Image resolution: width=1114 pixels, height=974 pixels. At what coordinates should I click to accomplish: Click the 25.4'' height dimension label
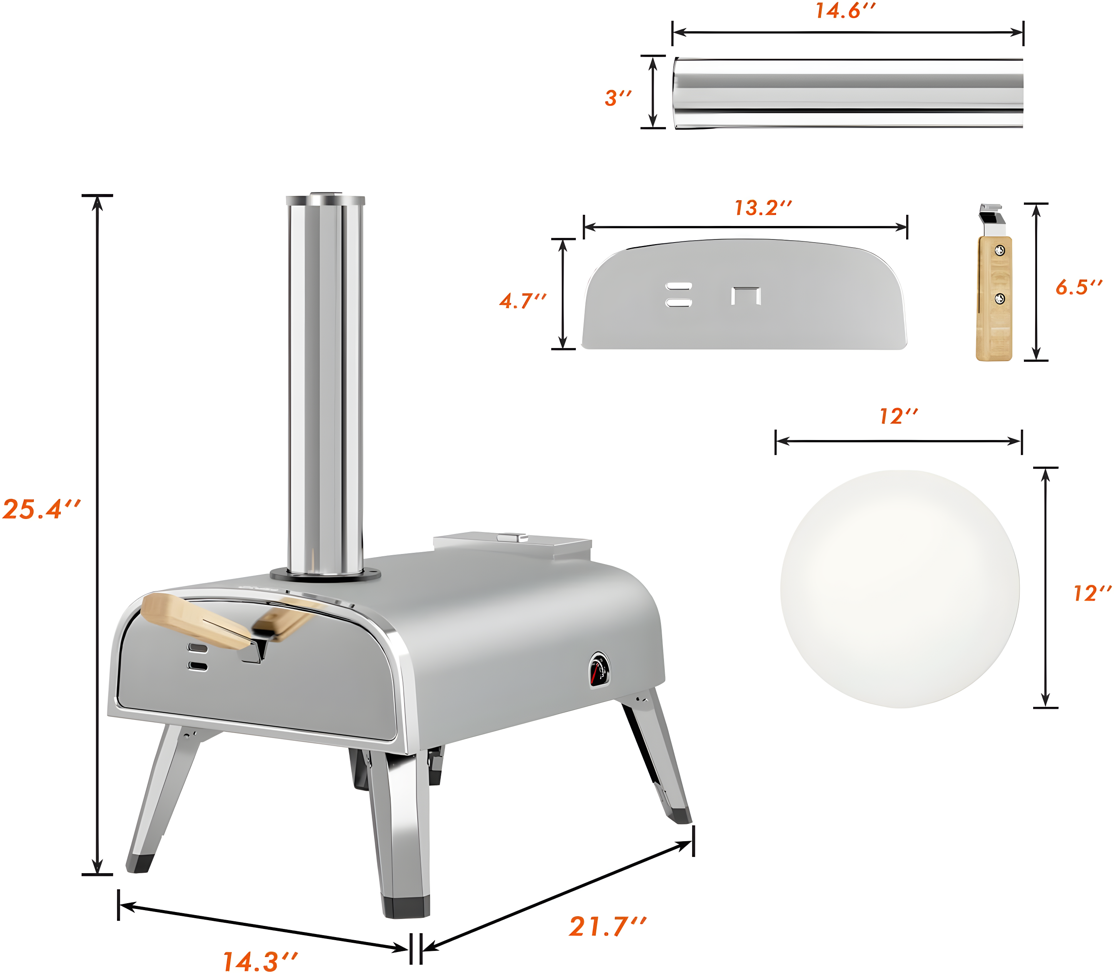[x=41, y=509]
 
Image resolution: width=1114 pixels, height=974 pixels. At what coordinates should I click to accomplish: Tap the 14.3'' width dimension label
[x=260, y=961]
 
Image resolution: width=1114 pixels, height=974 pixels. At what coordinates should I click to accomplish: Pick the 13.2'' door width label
[x=763, y=208]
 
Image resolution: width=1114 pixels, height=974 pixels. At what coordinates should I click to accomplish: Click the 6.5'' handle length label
[x=1079, y=287]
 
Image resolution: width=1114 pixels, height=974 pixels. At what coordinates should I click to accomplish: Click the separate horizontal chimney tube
[x=848, y=92]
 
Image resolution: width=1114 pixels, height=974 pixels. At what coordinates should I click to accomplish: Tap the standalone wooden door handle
[x=994, y=299]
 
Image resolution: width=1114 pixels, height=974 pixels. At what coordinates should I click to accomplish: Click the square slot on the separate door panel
[x=746, y=296]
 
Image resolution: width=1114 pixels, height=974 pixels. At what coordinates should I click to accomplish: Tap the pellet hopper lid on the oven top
[x=512, y=544]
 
